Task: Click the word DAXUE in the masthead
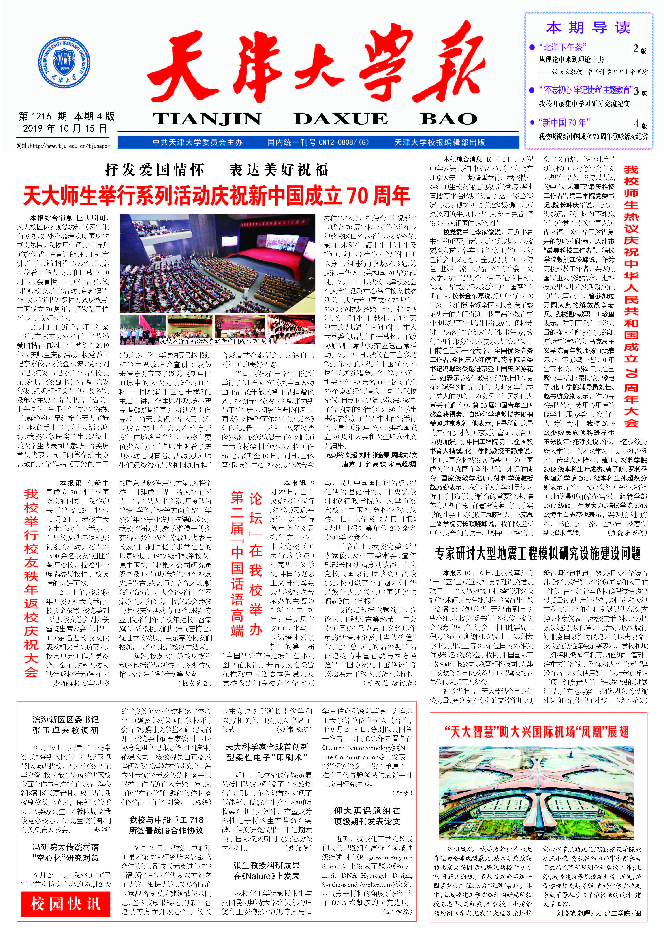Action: coord(340,119)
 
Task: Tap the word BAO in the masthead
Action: coord(448,119)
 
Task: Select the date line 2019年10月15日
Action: coord(65,128)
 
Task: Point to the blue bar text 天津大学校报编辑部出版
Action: coord(440,142)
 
